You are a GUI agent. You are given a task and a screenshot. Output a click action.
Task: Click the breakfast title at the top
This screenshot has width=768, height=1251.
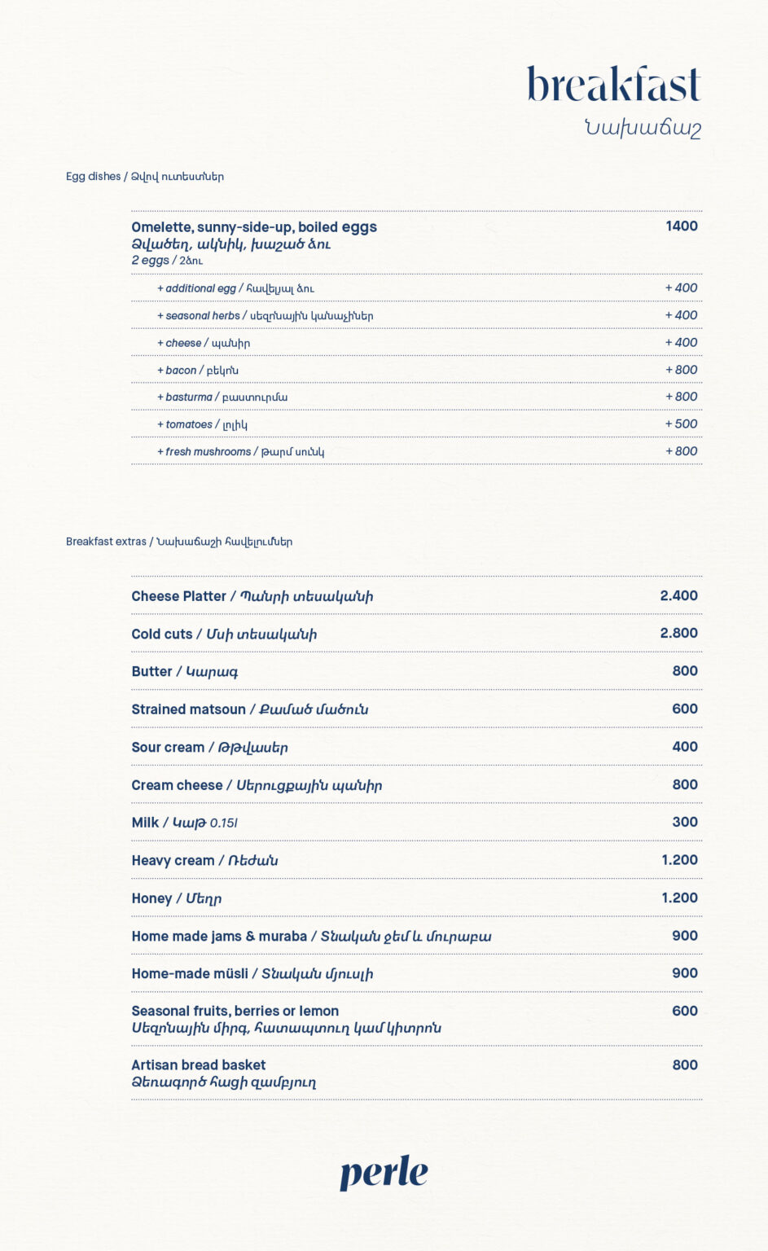click(613, 85)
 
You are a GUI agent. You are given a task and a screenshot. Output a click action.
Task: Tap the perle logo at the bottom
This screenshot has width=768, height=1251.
click(384, 1173)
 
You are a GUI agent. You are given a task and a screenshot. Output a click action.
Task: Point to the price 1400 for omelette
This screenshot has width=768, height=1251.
click(681, 226)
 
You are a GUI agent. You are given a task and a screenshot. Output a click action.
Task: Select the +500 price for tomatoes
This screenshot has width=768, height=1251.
click(681, 424)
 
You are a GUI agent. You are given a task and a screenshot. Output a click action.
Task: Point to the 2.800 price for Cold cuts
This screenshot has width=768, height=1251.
click(678, 634)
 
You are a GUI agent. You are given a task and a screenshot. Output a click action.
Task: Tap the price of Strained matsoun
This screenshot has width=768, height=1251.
click(684, 709)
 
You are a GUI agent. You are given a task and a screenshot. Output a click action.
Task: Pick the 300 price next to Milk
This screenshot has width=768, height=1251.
click(684, 823)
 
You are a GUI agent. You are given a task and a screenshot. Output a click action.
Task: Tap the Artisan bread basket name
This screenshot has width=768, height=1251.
click(199, 1065)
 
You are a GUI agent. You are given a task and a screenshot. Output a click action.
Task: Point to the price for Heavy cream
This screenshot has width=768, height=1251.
click(679, 860)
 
